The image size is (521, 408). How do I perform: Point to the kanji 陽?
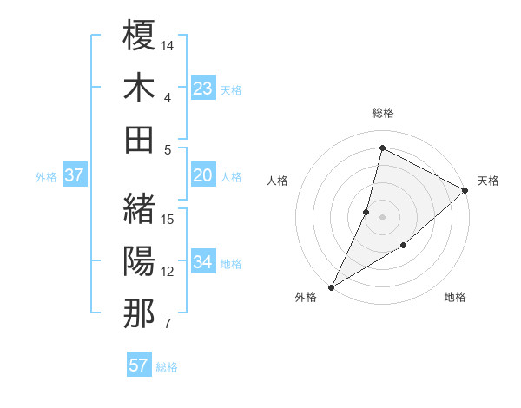point(139,260)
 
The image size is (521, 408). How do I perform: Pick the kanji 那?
point(139,313)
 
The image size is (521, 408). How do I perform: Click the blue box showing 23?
point(203,88)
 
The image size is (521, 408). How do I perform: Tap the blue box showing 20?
point(203,176)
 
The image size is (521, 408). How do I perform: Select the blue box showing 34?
point(203,262)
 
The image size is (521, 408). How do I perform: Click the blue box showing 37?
point(75,176)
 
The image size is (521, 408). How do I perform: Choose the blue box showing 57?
point(139,365)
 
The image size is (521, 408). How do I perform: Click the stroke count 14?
point(168,43)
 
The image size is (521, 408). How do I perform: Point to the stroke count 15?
point(168,219)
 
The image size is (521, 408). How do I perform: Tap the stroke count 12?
point(168,272)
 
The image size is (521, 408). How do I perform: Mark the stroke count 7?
point(168,325)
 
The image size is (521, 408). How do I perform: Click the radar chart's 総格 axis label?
point(382,113)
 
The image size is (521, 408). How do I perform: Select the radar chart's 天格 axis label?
point(489,181)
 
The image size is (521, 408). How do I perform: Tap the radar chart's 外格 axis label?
point(306,297)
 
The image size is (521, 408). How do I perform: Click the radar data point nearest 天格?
point(465,192)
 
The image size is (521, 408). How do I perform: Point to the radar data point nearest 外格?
point(331,286)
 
